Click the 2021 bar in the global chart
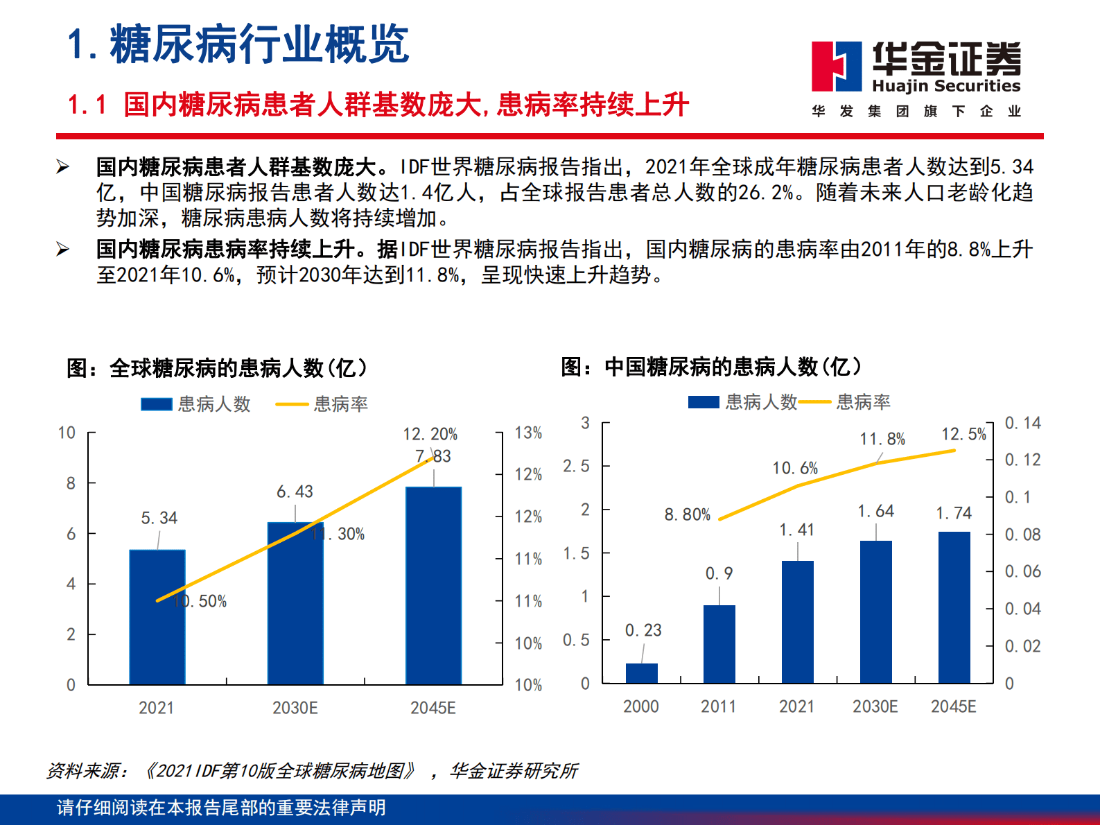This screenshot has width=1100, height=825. click(157, 617)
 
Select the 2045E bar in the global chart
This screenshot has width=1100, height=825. click(433, 586)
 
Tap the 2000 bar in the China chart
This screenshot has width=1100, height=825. click(641, 673)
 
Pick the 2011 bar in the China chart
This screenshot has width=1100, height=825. click(719, 644)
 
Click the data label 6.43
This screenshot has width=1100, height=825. click(295, 492)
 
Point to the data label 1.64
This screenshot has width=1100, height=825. click(875, 511)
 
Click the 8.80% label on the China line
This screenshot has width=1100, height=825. click(687, 514)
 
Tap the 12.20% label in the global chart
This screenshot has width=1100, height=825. click(430, 434)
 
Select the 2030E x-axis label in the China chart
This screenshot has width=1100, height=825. click(875, 706)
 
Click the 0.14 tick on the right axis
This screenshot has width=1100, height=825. click(1022, 423)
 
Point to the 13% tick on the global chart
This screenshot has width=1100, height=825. click(528, 433)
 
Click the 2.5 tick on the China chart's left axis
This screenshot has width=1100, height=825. click(576, 466)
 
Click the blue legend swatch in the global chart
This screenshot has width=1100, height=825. click(156, 404)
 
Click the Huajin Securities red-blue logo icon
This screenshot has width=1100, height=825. click(837, 67)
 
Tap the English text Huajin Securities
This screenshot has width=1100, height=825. click(946, 86)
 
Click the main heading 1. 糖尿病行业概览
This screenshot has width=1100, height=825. click(238, 44)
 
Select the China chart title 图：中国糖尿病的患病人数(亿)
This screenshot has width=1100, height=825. click(711, 366)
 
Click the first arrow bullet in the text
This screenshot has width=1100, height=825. click(63, 167)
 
